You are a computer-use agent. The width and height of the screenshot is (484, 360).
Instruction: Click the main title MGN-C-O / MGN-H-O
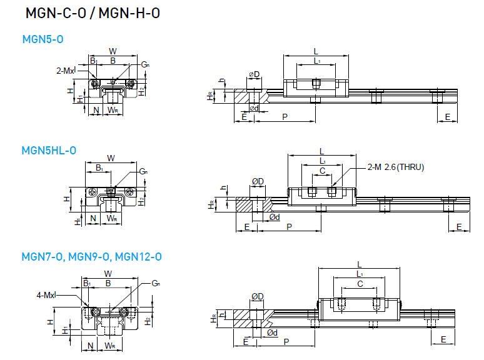click(93, 14)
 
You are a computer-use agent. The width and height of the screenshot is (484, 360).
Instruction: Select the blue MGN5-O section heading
click(43, 39)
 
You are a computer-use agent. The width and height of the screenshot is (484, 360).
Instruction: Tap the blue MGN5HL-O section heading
click(49, 150)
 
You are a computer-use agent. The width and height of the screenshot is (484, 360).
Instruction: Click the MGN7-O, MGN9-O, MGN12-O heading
click(92, 257)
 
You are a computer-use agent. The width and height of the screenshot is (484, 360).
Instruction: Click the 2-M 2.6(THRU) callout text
click(396, 167)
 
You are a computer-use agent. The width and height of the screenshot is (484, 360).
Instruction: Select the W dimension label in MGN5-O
click(113, 51)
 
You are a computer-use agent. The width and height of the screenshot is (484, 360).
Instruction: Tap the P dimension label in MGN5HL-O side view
click(288, 226)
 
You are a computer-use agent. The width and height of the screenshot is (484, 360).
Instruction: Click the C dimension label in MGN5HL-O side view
click(322, 171)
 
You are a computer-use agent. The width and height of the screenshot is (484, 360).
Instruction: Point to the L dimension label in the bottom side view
click(360, 264)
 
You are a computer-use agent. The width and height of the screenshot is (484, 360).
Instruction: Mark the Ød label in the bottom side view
click(272, 333)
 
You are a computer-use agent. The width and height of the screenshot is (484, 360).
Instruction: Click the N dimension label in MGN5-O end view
click(96, 111)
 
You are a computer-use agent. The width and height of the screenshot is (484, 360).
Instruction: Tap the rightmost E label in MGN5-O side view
click(447, 117)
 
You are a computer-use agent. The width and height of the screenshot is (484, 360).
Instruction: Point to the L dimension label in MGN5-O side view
click(316, 51)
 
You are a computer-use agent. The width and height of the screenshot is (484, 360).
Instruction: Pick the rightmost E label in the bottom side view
click(443, 339)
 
